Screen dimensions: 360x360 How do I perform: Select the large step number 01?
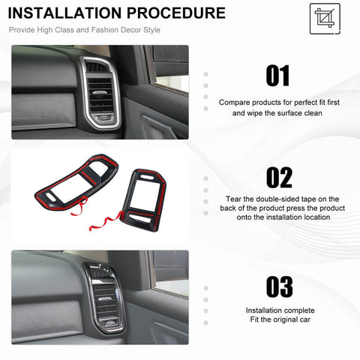click(278, 76)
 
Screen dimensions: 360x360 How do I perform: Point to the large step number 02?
click(278, 178)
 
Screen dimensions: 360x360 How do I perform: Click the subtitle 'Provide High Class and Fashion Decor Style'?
click(84, 30)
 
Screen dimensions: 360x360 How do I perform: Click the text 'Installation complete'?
click(280, 310)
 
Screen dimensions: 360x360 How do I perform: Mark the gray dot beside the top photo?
click(206, 75)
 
